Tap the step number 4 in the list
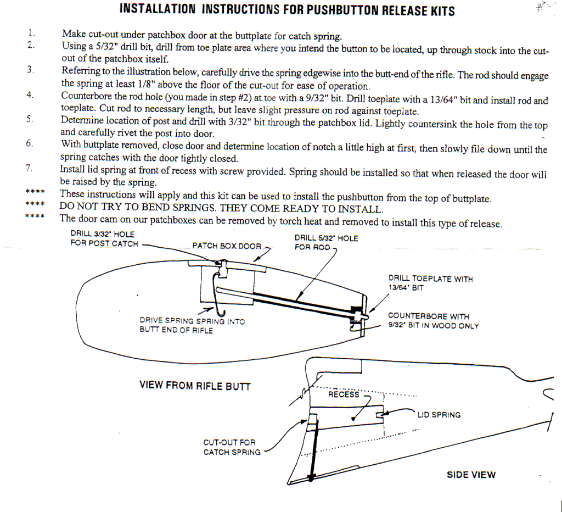click(x=30, y=94)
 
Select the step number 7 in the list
click(x=30, y=168)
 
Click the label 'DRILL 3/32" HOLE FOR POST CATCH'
click(x=104, y=239)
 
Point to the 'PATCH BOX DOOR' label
click(x=227, y=246)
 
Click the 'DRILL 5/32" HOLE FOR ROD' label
click(x=326, y=242)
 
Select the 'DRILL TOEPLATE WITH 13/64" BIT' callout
click(x=430, y=283)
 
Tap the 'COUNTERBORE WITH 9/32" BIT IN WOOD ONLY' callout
click(x=433, y=321)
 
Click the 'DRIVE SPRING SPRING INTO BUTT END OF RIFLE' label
click(x=192, y=325)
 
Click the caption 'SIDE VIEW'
click(x=470, y=475)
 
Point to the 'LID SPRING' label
click(x=439, y=415)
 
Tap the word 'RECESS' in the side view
click(x=343, y=394)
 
